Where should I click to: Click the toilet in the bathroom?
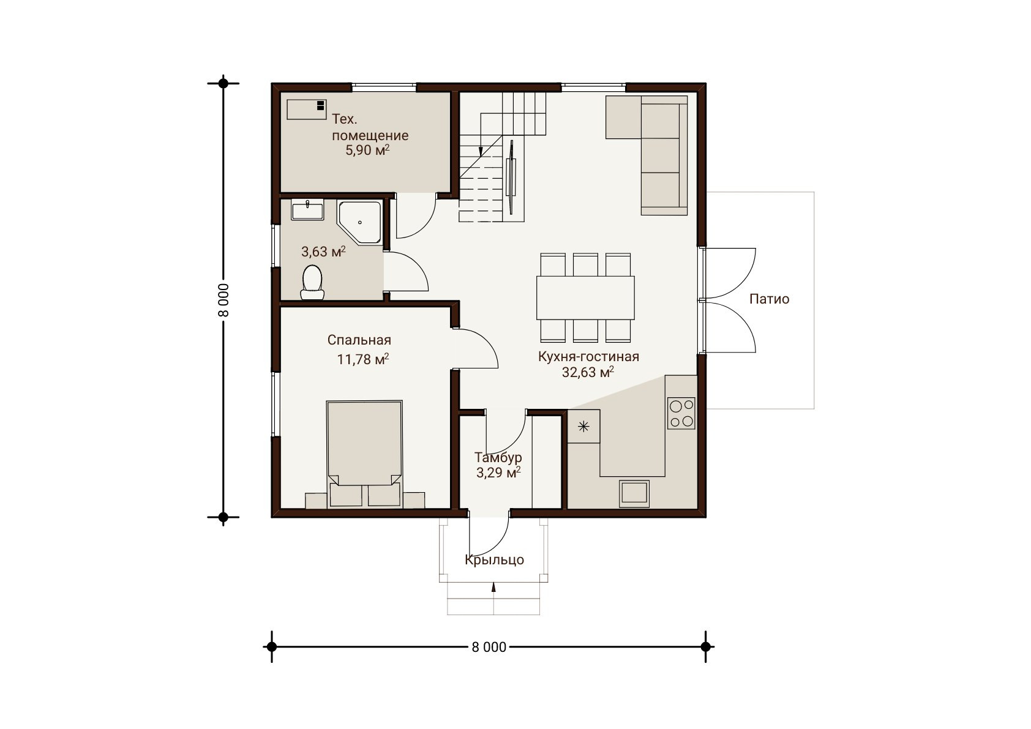point(312,283)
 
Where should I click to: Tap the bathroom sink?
point(307,209)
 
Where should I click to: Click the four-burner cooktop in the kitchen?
point(681,413)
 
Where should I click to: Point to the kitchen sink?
point(634,494)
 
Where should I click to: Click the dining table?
point(585,297)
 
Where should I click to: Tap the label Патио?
point(769,299)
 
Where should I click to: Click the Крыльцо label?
point(494,560)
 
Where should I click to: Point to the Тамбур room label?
point(498,457)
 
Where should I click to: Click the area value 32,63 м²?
point(588,372)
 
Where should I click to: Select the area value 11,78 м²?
point(362,359)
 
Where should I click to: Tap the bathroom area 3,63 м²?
point(323,252)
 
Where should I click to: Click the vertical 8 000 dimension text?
point(223,300)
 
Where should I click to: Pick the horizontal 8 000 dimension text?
point(489,647)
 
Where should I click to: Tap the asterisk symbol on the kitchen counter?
point(583,427)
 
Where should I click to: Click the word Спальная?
point(359,340)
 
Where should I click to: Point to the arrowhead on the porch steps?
point(494,587)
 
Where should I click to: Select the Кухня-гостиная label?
point(589,357)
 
